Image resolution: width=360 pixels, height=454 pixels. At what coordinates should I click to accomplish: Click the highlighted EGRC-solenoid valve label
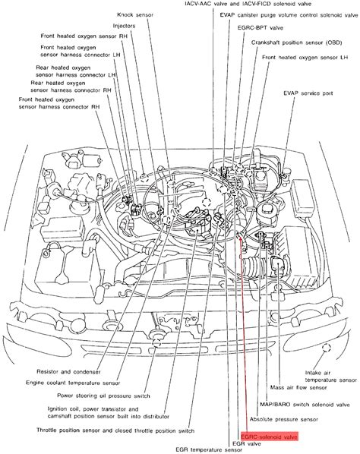coord(270,437)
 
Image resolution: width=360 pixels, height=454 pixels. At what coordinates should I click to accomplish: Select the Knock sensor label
coord(135,14)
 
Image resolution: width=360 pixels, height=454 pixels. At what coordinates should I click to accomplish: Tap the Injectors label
coord(124,26)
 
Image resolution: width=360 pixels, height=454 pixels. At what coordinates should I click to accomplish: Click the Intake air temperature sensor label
coord(330,377)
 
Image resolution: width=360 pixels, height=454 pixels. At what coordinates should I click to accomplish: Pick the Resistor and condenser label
coord(68,372)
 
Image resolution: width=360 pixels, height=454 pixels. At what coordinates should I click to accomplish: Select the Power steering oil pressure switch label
coord(103,396)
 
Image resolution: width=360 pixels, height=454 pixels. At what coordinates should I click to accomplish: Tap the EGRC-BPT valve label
coord(261,28)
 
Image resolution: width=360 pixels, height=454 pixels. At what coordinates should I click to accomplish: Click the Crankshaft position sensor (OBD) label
coord(296,43)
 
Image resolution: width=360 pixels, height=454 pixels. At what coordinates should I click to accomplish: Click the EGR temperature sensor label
coord(209,449)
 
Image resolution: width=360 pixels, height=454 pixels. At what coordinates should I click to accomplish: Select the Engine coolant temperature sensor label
coord(73,383)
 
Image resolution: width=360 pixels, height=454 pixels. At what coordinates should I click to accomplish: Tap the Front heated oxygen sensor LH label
coord(305,58)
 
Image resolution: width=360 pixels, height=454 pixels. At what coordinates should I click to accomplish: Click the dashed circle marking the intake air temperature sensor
coord(327,347)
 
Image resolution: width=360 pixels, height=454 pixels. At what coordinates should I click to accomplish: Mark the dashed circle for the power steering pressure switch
coord(156,343)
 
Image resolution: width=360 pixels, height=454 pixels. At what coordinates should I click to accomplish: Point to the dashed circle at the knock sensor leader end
coord(144,177)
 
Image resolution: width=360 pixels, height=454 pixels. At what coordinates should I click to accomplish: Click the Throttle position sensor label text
coord(115,430)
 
